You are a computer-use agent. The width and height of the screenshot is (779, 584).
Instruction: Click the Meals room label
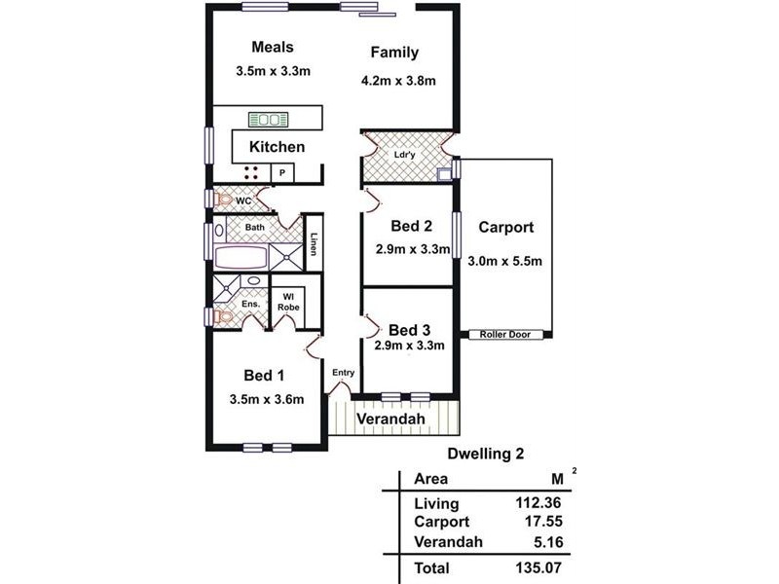(273, 47)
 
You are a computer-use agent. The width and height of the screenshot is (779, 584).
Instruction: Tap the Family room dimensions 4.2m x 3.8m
(398, 81)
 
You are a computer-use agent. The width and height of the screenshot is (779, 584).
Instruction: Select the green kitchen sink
(269, 119)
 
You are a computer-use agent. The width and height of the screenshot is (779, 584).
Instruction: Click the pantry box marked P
(282, 173)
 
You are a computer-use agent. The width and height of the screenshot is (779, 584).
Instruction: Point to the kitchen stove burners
(251, 172)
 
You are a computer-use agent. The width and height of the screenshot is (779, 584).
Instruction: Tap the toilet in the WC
(224, 201)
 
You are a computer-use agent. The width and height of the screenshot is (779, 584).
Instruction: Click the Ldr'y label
(404, 155)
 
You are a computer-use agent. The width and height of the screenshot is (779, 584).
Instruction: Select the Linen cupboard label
(314, 244)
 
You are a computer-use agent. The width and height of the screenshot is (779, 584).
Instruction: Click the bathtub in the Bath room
(241, 258)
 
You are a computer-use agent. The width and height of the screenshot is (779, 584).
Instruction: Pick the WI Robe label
(288, 302)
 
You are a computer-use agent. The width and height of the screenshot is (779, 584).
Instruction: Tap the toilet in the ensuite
(224, 316)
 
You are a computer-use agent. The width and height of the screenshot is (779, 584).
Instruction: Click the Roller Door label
(504, 335)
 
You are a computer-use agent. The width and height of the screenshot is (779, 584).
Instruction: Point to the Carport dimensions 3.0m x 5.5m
(504, 261)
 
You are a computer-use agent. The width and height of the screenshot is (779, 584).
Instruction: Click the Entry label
(344, 373)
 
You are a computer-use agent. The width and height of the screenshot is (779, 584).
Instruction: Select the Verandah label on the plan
(391, 419)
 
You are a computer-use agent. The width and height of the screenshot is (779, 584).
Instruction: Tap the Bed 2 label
(411, 226)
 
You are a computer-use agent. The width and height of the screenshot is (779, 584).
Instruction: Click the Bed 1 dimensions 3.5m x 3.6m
(267, 399)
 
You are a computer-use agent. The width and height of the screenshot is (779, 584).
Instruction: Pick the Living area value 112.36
(538, 502)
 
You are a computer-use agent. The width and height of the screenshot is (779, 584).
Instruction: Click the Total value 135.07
(538, 567)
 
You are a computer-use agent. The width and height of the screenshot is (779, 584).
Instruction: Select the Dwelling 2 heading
(485, 454)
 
